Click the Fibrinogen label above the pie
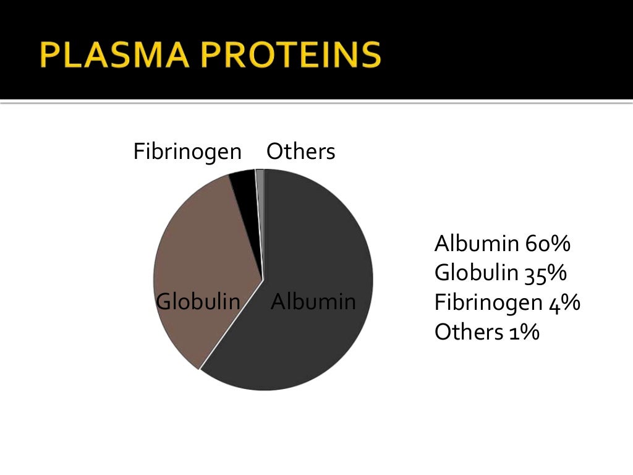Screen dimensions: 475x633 (x=187, y=152)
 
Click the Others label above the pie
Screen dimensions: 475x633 (x=300, y=152)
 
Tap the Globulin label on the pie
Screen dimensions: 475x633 (x=198, y=302)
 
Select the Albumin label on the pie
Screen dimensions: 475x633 (x=313, y=302)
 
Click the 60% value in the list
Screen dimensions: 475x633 (x=547, y=244)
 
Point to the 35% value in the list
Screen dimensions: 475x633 (x=546, y=273)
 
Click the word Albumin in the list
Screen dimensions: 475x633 (x=476, y=244)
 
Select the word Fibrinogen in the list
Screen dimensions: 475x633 (x=488, y=302)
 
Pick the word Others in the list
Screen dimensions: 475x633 (x=469, y=332)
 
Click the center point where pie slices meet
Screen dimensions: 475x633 (x=263, y=280)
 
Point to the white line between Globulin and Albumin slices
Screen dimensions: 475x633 (x=232, y=324)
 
